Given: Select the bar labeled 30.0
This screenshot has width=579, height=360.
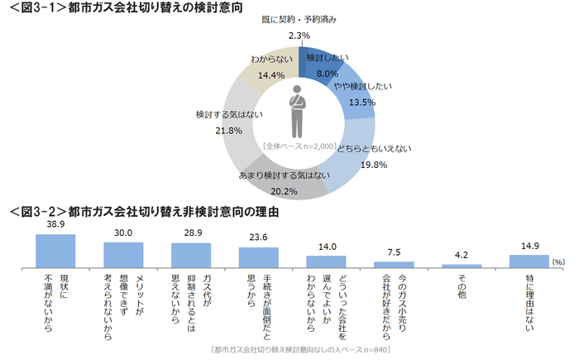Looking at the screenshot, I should pyautogui.click(x=123, y=254).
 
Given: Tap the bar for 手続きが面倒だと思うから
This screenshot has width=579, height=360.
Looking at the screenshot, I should pyautogui.click(x=259, y=257).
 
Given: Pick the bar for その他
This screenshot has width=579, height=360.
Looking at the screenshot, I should pyautogui.click(x=462, y=265).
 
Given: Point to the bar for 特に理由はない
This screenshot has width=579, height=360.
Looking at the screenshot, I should pyautogui.click(x=529, y=260).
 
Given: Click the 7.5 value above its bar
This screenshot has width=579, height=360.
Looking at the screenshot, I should pyautogui.click(x=394, y=252).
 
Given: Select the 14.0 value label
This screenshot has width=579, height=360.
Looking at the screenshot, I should pyautogui.click(x=326, y=247).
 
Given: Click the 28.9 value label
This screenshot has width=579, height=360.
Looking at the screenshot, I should pyautogui.click(x=191, y=233).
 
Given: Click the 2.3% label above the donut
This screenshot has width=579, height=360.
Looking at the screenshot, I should pyautogui.click(x=299, y=36).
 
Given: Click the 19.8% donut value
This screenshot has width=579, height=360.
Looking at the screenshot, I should pyautogui.click(x=373, y=164).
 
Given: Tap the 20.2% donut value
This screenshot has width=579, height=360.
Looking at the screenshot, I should pyautogui.click(x=284, y=191).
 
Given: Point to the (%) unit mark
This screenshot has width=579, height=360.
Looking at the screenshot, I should pyautogui.click(x=558, y=262).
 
